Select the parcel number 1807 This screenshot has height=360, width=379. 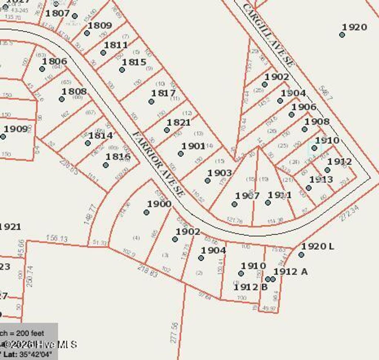pos(57,13)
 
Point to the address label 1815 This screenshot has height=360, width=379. pos(134,62)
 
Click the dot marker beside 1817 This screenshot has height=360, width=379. pos(151,101)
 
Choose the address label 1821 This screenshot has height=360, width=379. pos(178,122)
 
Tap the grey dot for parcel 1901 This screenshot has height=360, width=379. pos(181,154)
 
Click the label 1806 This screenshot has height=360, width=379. pos(54,61)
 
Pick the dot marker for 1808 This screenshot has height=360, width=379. pos(61,99)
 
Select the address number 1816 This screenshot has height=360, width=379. pos(118,157)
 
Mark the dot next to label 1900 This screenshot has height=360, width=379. pos(147,212)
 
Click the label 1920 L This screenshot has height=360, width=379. pos(318,246)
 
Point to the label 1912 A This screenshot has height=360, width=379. pos(291,272)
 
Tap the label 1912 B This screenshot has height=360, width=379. pos(251,287)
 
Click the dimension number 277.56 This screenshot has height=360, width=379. pos(175,332)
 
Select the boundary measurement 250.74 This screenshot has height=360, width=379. pos(30,276)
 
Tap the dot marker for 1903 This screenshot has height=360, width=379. pos(208,181)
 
